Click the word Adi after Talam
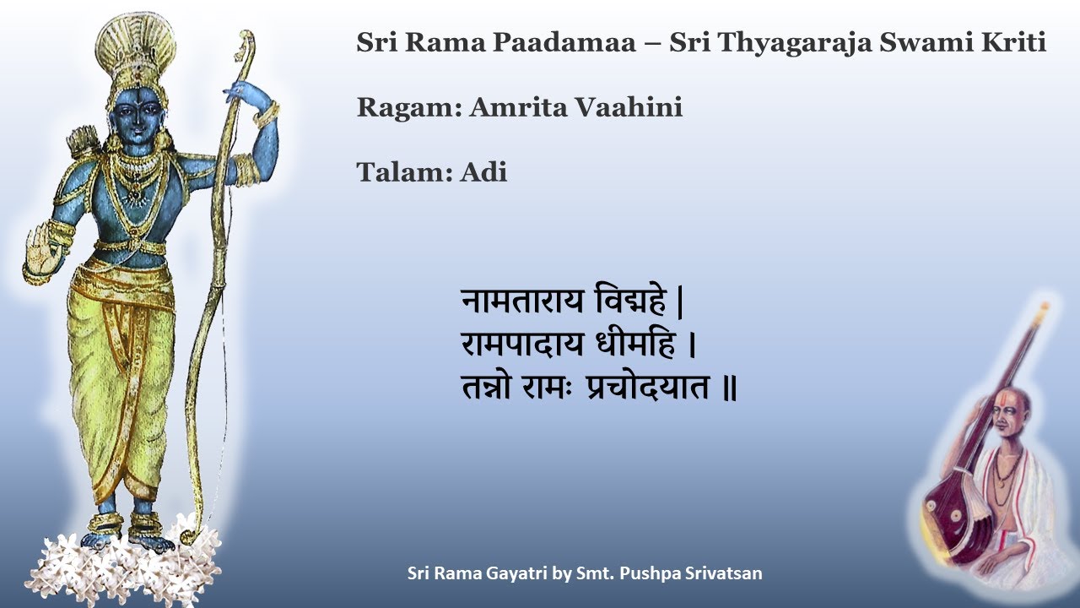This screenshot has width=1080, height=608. point(483,172)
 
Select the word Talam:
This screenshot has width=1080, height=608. point(404,172)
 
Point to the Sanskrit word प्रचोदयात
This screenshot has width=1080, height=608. point(648,390)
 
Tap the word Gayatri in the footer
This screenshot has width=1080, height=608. point(518,573)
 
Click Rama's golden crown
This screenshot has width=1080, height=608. point(135,51)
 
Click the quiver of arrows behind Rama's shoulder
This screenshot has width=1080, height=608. point(84,144)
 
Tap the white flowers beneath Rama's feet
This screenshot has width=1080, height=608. point(127,562)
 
